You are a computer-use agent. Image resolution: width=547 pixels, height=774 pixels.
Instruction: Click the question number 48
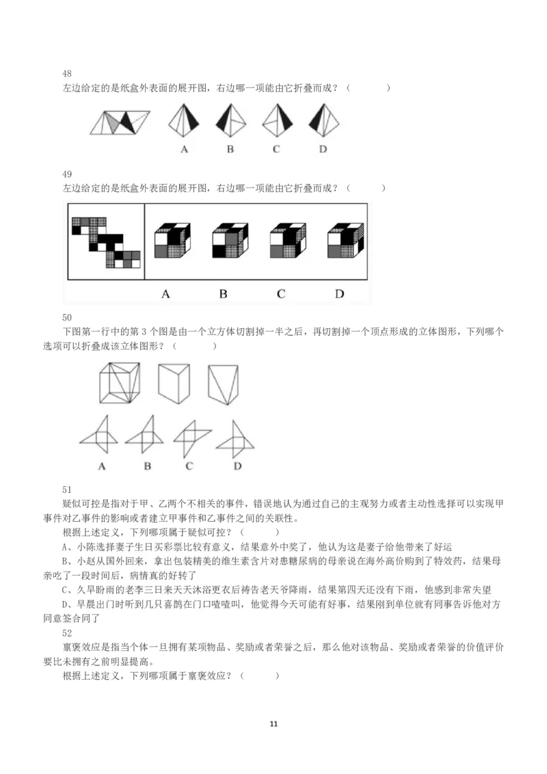pos(67,74)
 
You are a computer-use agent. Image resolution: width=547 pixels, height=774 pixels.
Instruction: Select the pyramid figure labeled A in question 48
pos(184,120)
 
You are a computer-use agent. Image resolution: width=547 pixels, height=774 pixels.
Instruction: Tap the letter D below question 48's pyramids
pos(323,149)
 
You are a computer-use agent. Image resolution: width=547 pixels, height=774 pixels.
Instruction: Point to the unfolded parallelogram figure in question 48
pos(120,122)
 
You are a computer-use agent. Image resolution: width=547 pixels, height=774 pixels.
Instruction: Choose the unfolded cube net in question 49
pos(105,239)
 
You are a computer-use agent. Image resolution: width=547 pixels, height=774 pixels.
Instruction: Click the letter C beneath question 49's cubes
pos(281,295)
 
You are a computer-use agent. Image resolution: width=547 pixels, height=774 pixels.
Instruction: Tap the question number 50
pos(67,317)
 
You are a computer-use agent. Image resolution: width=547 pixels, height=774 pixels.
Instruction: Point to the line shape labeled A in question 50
pos(101,435)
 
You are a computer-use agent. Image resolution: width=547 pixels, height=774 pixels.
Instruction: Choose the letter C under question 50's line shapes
pos(189,466)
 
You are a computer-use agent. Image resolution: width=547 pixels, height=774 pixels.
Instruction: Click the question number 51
pos(67,490)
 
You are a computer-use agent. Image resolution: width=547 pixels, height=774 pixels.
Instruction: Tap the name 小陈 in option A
pos(85,547)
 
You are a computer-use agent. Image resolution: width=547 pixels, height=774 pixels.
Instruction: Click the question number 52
pos(67,633)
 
